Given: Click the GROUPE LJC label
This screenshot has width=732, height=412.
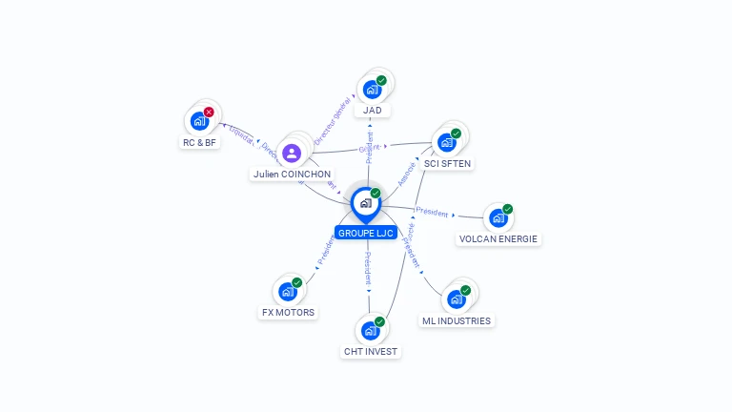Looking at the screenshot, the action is pos(365,233).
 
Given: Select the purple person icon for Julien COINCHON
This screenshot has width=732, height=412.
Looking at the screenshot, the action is pos(292,153).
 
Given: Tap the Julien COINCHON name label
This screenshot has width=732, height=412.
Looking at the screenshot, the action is pos(292,175).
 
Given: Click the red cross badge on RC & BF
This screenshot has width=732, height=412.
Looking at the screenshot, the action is pos(209,112).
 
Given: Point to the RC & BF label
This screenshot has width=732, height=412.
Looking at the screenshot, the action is pos(199,142).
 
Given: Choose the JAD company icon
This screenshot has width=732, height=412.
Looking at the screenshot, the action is pos(372,89).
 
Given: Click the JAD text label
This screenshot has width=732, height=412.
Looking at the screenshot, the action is pos(372,111).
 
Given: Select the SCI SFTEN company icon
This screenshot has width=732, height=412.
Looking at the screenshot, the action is pos(446,142).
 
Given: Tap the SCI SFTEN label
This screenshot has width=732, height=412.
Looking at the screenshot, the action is pos(447,164).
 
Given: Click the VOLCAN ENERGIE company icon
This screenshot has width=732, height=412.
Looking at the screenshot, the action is pos(498,217).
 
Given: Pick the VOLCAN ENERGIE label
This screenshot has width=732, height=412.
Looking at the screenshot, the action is pos(498,239).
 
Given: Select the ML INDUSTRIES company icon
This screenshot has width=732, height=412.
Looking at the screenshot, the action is pos(456,299).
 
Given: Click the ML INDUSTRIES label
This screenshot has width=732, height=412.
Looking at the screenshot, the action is pos(457,321).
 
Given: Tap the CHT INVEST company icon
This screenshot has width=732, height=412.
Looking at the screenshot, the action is pos(370,330).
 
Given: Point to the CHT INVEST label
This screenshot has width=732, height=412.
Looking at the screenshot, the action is pos(371,352).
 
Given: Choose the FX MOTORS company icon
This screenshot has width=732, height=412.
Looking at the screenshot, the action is pos(287,291).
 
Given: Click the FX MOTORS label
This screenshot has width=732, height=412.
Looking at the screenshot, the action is pos(288,313).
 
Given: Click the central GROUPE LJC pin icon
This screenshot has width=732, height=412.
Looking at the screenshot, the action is pos(365,203).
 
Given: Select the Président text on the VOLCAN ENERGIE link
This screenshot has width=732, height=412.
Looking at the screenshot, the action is pos(432,213).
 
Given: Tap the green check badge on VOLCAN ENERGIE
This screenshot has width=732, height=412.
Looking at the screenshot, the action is pos(508,208).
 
